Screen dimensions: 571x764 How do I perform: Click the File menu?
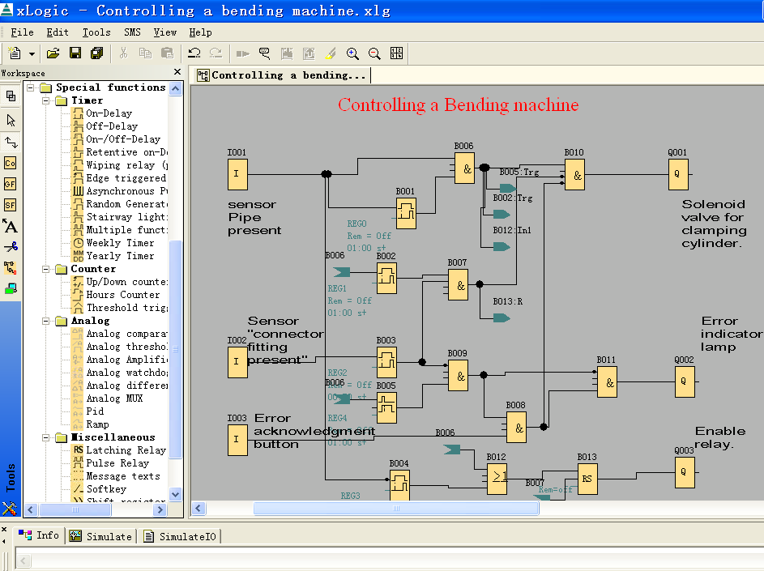coord(22,32)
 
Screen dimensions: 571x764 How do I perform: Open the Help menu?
coord(200,32)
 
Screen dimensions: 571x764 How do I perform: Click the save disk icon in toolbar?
coord(75,53)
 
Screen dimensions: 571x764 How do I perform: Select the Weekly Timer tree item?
coord(119,243)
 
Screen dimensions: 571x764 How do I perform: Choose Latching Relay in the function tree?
coord(125,450)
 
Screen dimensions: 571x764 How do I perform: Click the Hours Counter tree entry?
coord(122,295)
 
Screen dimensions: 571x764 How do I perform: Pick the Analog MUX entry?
coord(113,398)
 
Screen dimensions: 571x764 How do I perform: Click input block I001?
coord(237,173)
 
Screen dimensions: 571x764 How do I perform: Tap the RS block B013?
coord(587,478)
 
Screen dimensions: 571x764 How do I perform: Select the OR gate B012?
coord(497,478)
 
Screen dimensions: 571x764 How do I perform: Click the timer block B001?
coord(406,213)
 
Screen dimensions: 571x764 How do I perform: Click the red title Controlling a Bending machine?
coord(458,105)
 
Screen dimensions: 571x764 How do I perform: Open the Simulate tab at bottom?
coord(101,536)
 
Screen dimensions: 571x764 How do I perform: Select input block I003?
coord(237,440)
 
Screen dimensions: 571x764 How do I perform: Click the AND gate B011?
coord(607,381)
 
